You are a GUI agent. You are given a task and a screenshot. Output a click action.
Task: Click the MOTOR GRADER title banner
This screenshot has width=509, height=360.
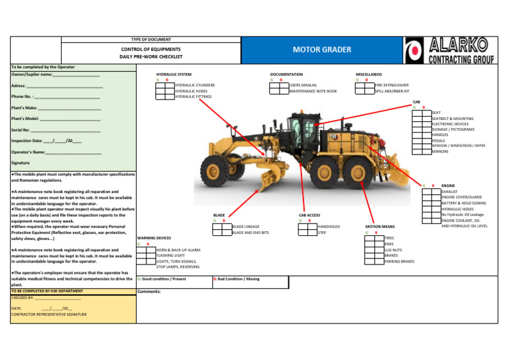pos(321,49)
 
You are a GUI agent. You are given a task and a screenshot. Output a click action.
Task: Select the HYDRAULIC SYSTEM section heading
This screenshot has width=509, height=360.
pos(174,74)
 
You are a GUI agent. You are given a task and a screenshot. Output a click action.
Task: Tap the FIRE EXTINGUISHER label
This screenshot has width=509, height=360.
pos(392,86)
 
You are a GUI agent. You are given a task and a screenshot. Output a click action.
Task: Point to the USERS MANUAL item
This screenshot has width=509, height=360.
pos(304,86)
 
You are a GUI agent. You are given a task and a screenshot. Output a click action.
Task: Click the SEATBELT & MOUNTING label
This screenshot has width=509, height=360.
pos(453,119)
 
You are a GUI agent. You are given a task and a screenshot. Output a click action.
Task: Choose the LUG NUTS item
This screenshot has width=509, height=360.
pos(393,249)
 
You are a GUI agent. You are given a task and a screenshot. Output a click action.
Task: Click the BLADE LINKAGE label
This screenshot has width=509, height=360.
pos(247,227)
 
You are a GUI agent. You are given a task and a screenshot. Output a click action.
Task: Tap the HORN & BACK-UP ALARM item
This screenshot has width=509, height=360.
pos(178,249)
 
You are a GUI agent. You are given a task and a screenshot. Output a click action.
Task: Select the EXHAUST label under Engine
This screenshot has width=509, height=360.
pos(449,192)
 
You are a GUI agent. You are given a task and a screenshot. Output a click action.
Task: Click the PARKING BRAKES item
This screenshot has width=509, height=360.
pos(399,261)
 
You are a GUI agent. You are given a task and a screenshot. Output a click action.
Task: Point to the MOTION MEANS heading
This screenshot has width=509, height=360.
pos(380,226)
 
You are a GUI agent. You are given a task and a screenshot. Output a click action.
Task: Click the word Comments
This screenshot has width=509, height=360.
pos(149,292)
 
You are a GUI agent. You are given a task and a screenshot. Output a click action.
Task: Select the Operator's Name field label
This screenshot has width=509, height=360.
pos(28,152)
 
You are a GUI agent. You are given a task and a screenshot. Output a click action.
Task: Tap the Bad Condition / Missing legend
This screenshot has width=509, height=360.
pos(237,279)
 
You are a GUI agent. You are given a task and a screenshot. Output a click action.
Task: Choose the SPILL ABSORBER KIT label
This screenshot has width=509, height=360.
pos(392,91)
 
